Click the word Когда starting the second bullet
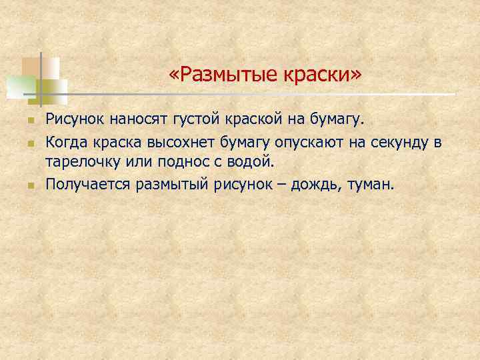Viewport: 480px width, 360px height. coord(65,141)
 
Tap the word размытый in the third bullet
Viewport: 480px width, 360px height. coord(173,183)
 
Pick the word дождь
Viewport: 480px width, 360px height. coord(316,183)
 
